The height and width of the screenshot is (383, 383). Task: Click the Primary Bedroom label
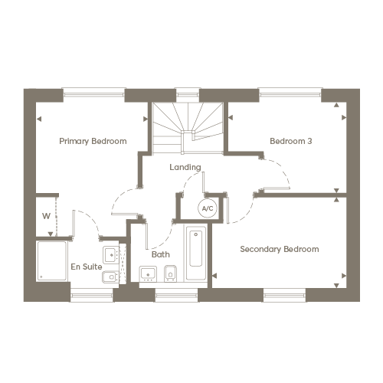[x=93, y=141]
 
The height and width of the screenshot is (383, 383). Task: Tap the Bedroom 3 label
[x=291, y=141]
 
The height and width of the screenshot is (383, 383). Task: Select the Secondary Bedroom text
[x=280, y=249]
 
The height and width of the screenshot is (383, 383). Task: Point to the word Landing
[x=185, y=167]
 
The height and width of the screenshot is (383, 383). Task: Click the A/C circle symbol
[x=208, y=208]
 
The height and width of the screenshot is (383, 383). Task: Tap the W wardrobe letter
[x=46, y=216]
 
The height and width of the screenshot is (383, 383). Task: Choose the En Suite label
[x=87, y=267]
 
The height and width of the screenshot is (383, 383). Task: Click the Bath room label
[x=161, y=254]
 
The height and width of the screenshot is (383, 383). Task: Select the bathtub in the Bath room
[x=196, y=252]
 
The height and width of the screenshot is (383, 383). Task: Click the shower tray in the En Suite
[x=52, y=260]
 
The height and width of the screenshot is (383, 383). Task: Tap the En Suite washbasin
[x=110, y=254]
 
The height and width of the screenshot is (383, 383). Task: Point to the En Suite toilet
[x=110, y=277]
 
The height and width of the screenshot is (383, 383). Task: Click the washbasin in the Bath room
[x=148, y=273]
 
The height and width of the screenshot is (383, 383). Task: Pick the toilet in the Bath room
[x=170, y=273]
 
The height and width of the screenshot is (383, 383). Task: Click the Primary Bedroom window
[x=94, y=93]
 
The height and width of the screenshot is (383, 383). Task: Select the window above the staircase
[x=188, y=93]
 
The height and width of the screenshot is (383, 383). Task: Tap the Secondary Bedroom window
[x=284, y=297]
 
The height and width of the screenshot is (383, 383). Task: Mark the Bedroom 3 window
[x=290, y=93]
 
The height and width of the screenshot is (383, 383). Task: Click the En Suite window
[x=92, y=297]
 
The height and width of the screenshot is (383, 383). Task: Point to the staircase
[x=188, y=128]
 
